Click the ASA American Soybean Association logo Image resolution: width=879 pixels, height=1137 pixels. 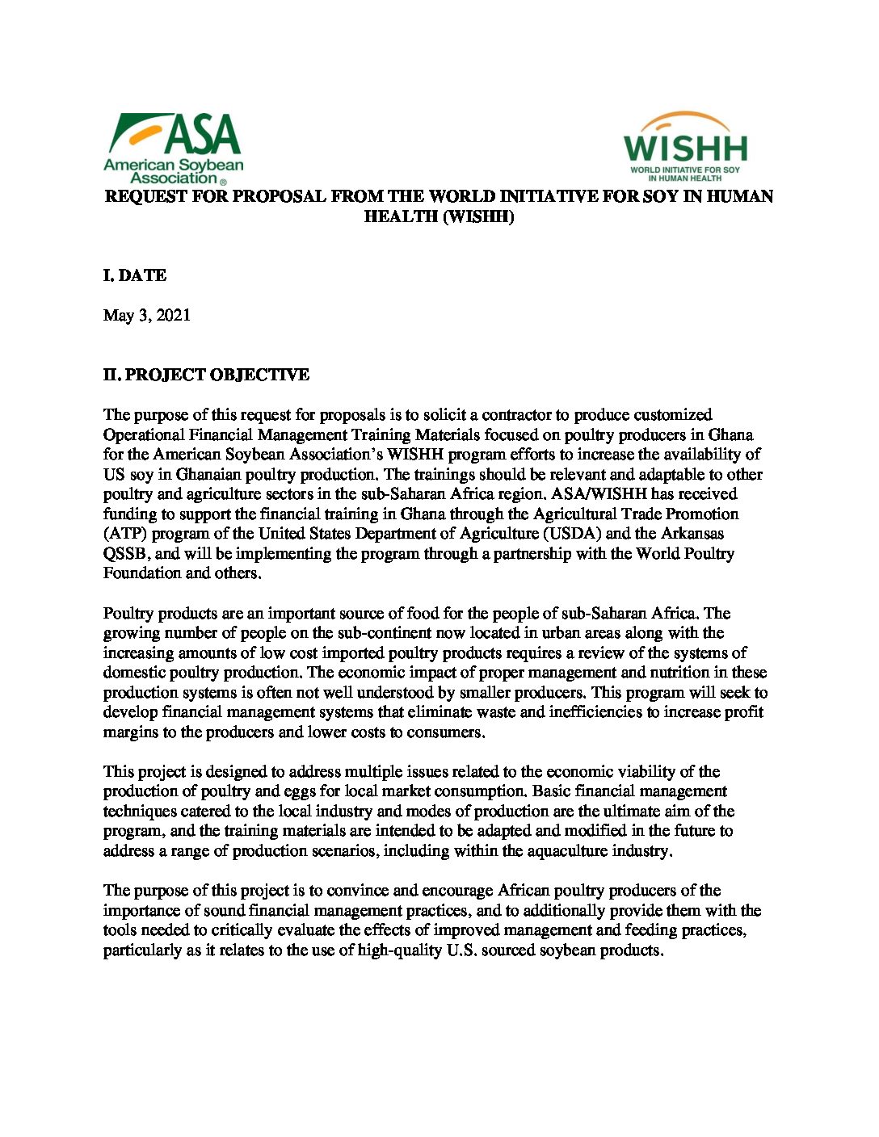173,148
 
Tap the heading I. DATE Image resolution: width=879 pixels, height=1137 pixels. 135,275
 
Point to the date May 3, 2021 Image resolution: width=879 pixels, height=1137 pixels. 147,315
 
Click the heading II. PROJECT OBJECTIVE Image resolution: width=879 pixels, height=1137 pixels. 206,375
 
